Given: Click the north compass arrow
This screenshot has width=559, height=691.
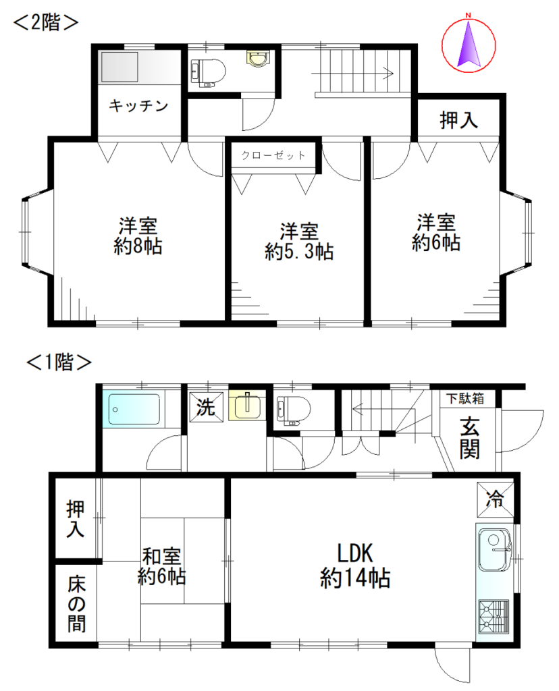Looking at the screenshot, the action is pos(468,44).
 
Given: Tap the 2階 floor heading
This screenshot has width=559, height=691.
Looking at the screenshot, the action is pos(46,22).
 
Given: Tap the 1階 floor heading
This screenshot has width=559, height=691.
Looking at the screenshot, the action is pos(59,362).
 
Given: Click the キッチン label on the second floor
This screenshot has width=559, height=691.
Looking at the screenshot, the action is pos(138,106).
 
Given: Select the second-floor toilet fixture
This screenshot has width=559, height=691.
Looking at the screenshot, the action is pos(208,71).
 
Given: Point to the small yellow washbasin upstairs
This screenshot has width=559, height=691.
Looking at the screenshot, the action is pos(258,59).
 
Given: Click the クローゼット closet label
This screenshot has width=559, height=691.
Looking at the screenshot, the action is pos(273,155).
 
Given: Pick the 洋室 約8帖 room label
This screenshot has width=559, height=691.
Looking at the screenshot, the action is pos(138,236).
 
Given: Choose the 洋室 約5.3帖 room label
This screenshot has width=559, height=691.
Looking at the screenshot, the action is pos(299,242).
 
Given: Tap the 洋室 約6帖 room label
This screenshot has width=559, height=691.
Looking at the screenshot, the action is pos(436,233).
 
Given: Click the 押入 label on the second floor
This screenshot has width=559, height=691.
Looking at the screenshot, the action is pos(458,120).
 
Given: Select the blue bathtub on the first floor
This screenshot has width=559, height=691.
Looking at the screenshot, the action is pos(134,409).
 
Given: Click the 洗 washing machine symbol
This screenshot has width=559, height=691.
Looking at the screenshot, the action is pos(206,407).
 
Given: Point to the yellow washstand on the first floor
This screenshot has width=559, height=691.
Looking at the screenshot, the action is pos(247,406).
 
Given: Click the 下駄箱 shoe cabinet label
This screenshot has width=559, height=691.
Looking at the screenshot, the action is pos(465,399).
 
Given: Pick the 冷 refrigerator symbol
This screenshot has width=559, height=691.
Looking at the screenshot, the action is pos(495,499).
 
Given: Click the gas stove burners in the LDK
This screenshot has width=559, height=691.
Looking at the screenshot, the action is pos(494,617).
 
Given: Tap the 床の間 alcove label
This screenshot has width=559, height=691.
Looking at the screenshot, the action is pos(76,604).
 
